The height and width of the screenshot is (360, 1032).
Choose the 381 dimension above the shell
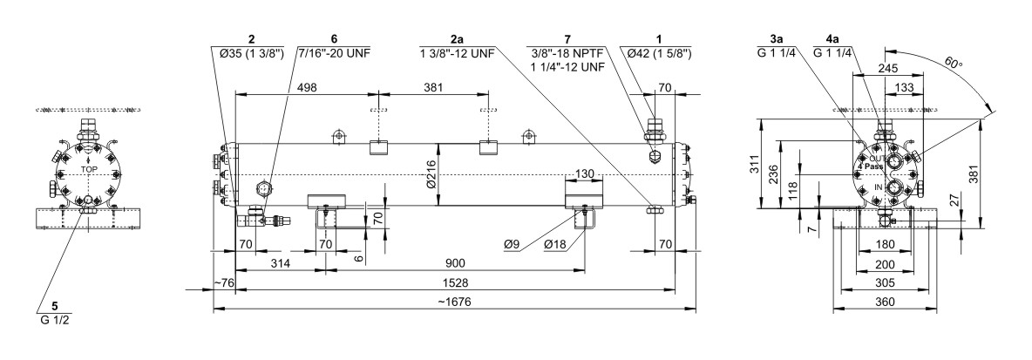pos(433,86)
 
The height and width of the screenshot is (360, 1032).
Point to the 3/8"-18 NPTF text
pos(569,54)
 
